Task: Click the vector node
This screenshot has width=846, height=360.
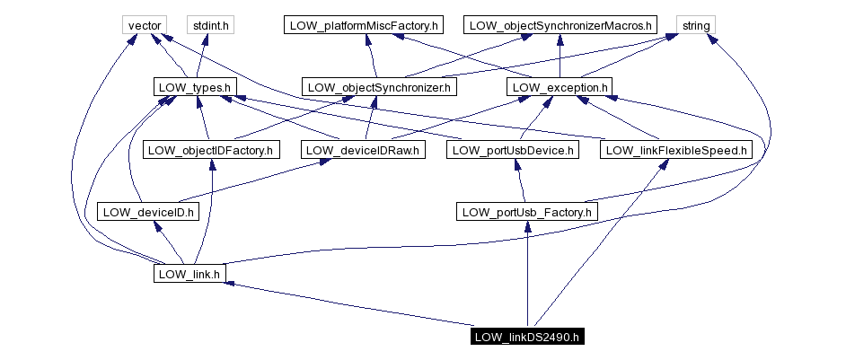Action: click(x=144, y=25)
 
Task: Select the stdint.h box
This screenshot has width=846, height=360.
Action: click(x=208, y=25)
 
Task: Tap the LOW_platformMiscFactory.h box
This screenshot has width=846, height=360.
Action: click(x=364, y=25)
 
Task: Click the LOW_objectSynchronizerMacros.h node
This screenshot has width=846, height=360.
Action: click(x=560, y=25)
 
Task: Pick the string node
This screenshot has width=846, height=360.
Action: click(x=696, y=25)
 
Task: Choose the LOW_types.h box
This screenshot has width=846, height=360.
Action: click(x=195, y=87)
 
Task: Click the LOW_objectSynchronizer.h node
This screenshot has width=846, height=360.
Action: click(x=379, y=87)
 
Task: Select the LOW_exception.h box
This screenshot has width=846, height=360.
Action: click(x=560, y=87)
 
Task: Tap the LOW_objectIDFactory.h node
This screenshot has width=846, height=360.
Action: click(x=210, y=150)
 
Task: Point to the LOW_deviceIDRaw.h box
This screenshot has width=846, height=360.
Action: click(x=361, y=150)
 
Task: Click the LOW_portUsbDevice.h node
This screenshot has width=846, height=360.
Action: click(x=511, y=150)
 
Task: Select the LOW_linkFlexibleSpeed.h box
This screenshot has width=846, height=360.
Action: click(x=676, y=150)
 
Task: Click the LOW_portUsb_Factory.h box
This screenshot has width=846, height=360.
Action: click(x=526, y=212)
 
